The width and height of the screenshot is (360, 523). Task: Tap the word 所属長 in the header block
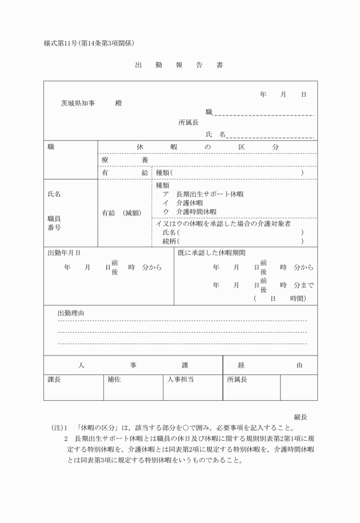[x=188, y=122]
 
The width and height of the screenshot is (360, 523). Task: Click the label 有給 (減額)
[x=125, y=213]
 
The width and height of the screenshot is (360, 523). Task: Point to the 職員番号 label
[x=54, y=223]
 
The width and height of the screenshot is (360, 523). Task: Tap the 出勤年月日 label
[x=63, y=252]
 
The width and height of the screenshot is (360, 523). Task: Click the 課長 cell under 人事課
[x=54, y=379]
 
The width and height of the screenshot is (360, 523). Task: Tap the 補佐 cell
[x=114, y=379]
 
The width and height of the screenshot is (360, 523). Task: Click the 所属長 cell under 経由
[x=237, y=379]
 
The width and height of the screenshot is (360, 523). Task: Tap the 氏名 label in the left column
[x=54, y=194]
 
